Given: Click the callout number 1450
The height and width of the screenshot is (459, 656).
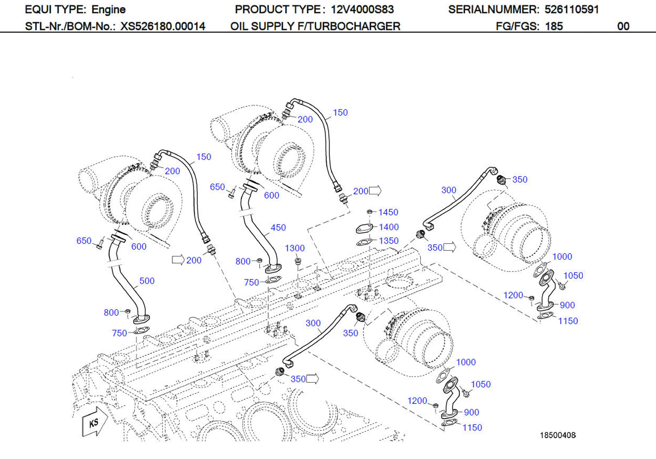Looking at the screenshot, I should point(388,212).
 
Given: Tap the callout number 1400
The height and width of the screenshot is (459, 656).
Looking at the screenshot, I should point(389,227).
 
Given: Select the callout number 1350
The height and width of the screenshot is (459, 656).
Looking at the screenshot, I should point(389,241).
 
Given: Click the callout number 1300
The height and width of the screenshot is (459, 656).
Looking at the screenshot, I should point(295,248).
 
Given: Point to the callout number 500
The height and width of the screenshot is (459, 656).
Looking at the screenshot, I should point(147,281).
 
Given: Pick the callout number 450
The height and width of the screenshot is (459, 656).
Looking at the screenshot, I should point(278,228).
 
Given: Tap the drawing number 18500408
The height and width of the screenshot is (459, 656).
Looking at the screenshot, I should point(557,435).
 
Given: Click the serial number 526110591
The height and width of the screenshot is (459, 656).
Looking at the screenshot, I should point(571,10).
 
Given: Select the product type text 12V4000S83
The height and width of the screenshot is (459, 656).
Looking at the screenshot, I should point(362,10).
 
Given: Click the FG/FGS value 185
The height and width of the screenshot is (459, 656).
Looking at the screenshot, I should point(554,26).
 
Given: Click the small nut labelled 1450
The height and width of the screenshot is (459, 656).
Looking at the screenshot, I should point(369,212).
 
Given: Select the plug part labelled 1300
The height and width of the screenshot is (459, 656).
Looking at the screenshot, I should point(297,261).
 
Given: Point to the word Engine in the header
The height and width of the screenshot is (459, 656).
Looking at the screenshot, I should point(108,10).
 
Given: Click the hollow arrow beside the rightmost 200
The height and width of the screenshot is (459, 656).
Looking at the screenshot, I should point(375,191).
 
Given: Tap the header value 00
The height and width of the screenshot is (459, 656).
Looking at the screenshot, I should point(623,26).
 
